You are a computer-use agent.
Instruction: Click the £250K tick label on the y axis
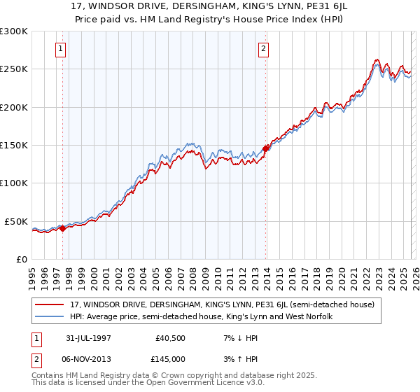coord(14,69)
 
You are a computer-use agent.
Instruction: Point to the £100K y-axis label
coord(14,183)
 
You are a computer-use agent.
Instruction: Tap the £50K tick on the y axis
coord(17,221)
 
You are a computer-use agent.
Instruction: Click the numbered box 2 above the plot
coord(263,49)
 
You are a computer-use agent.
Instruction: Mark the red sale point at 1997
coord(62,227)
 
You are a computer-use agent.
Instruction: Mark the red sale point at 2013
coord(266,148)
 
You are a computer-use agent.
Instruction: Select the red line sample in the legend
coord(50,304)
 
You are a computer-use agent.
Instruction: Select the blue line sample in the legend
coord(50,316)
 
